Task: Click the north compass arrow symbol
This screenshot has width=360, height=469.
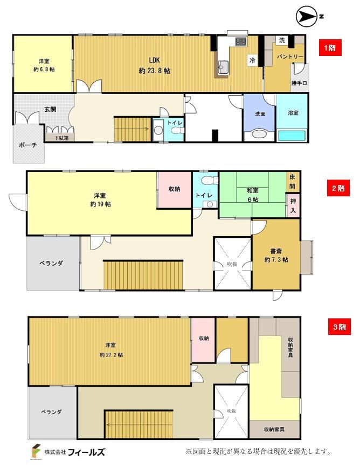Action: point(306,17)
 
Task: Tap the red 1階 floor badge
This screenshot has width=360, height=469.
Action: point(330,47)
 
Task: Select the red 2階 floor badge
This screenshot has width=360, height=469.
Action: point(338,188)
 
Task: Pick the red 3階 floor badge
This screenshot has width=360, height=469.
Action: point(340,326)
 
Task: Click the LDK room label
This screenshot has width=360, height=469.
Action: point(154,60)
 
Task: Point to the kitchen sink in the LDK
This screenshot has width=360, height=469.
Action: point(223,66)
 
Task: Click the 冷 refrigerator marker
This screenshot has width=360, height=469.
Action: point(252,60)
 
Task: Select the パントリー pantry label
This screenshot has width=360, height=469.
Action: point(290,56)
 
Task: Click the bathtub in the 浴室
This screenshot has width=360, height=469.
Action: point(292,136)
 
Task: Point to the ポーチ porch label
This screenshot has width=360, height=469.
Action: point(28,145)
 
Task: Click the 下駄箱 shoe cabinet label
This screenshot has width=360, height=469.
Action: point(61,138)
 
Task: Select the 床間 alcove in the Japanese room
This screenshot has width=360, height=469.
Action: point(292,182)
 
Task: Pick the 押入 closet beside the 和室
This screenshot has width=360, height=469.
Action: point(293,206)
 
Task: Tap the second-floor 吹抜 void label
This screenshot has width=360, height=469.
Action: point(232,264)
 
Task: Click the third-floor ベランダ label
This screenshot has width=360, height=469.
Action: point(52,411)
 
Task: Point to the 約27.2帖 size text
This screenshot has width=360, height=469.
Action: point(111,355)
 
